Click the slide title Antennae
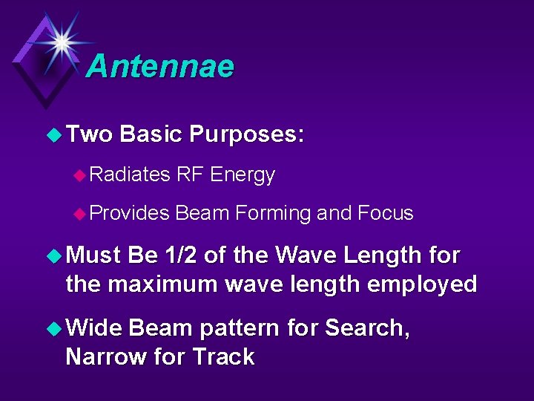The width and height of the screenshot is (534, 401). [x=160, y=66]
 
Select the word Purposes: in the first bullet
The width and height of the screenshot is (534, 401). [x=246, y=134]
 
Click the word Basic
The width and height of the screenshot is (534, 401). [x=151, y=134]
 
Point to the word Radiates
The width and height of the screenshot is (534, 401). [x=131, y=175]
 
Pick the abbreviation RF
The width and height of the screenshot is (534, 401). [x=191, y=175]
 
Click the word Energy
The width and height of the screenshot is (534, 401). [x=243, y=175]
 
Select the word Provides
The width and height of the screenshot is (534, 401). [x=131, y=214]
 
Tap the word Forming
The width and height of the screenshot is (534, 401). [x=272, y=214]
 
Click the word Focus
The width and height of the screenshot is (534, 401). [x=385, y=214]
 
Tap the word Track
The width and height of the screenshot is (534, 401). [x=223, y=356]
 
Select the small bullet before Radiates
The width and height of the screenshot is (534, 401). [x=80, y=175]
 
